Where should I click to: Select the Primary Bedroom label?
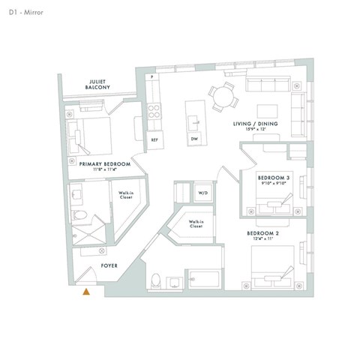(104, 163)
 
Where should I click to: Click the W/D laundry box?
(202, 193)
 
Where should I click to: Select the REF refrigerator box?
(154, 139)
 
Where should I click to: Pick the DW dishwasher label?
(195, 139)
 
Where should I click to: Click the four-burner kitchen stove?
(154, 112)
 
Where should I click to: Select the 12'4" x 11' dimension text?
(263, 240)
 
